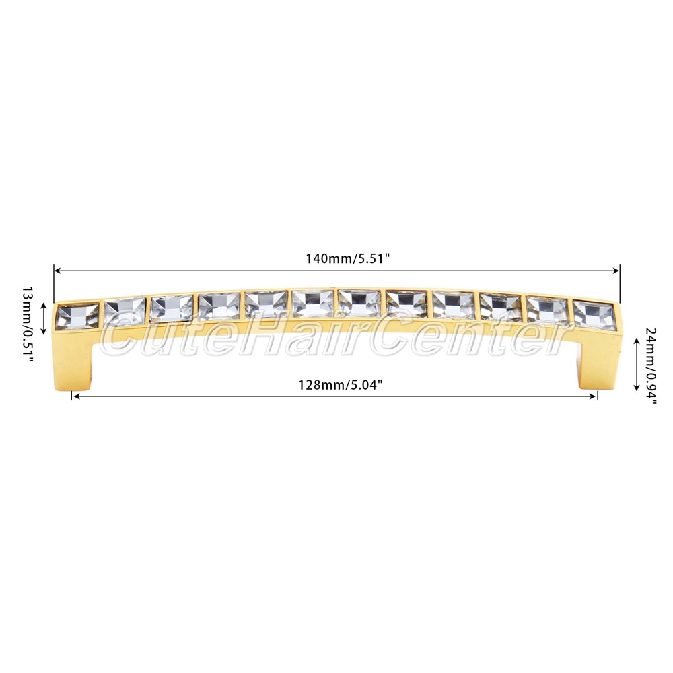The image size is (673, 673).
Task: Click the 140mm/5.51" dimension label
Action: click(347, 259)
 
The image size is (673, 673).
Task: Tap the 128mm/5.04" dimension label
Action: click(341, 384)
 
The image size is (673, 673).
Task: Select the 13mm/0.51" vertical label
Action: click(28, 318)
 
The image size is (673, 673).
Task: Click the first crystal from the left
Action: click(77, 316)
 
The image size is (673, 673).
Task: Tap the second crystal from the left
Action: click(125, 311)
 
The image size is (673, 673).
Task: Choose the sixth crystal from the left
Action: click(313, 304)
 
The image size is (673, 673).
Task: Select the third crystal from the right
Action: click(501, 307)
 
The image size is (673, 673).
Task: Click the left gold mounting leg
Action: click(74, 359)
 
